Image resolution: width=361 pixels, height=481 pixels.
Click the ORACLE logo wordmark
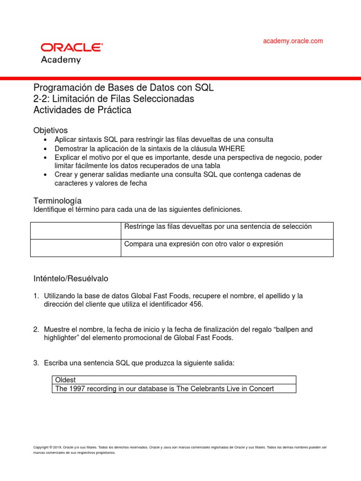[71, 47]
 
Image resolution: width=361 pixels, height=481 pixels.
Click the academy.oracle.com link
[293, 41]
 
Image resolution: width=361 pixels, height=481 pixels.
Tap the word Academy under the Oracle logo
[61, 60]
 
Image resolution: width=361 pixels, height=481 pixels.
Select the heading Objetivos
[50, 130]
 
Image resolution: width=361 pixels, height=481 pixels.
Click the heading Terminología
[57, 200]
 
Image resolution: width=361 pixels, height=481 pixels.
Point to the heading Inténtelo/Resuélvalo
[71, 279]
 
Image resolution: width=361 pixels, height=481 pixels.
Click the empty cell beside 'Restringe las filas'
[76, 231]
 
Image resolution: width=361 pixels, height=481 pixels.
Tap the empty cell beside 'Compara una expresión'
[76, 248]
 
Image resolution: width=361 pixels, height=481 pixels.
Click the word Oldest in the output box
[65, 380]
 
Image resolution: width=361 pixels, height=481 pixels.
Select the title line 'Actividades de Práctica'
[82, 110]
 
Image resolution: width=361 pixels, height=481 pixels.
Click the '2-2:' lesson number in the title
[42, 99]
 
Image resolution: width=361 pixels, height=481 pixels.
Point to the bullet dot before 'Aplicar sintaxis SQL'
[45, 140]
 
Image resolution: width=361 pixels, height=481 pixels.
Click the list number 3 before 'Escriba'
[36, 363]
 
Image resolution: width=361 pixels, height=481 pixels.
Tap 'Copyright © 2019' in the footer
[49, 447]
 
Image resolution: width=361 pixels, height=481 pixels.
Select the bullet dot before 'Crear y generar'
[45, 175]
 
